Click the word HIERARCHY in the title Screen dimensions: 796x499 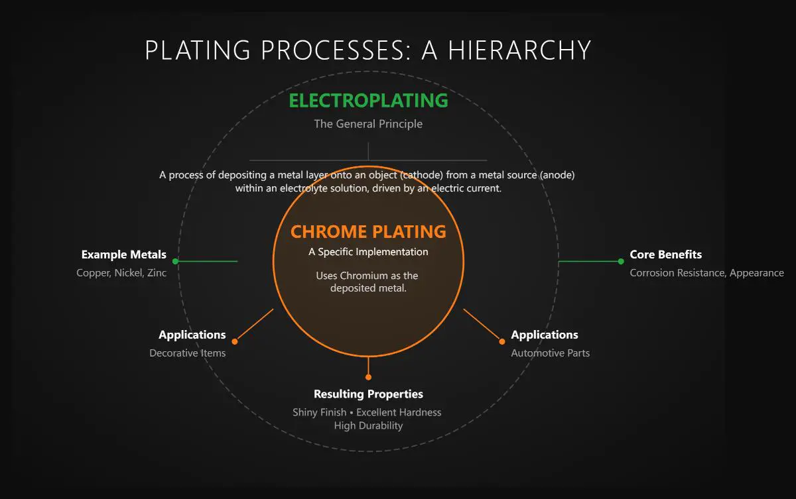tap(519, 50)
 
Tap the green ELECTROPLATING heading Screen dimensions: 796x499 tap(369, 101)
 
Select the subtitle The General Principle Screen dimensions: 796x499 tap(368, 124)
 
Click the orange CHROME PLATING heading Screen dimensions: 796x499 tap(368, 232)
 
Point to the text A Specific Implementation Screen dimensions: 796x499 tap(368, 252)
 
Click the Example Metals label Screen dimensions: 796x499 tap(123, 254)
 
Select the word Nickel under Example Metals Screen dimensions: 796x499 tap(128, 272)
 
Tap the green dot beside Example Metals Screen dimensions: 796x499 tap(175, 261)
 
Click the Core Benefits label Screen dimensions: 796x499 tap(665, 254)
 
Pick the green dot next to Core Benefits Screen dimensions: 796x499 tap(621, 261)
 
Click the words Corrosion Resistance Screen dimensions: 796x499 tap(677, 272)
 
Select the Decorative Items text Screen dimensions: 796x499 tap(187, 353)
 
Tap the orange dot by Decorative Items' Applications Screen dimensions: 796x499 tap(235, 341)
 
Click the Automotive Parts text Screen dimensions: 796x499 tap(550, 353)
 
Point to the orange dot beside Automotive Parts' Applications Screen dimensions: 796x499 tap(501, 341)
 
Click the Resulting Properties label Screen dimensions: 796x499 tap(368, 394)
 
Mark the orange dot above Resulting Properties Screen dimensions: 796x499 tap(368, 377)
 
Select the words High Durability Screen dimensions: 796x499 tap(368, 425)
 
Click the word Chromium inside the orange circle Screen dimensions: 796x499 tap(364, 276)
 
